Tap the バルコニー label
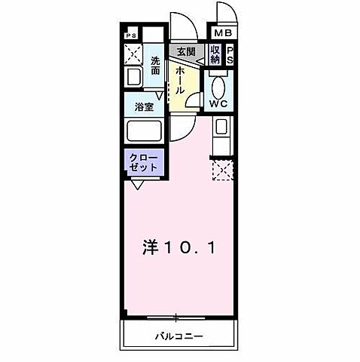(x=181, y=334)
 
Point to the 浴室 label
(x=144, y=107)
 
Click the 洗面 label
(x=155, y=66)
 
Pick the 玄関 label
(x=185, y=51)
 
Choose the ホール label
(x=181, y=79)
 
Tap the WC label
(x=219, y=103)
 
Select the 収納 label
(x=216, y=55)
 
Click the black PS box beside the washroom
(x=131, y=35)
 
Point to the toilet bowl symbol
(x=219, y=84)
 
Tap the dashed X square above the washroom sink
(x=134, y=54)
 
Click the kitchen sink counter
(x=222, y=137)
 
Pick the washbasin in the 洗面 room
(x=133, y=78)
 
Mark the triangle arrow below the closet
(x=138, y=183)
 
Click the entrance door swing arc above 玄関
(x=181, y=25)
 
